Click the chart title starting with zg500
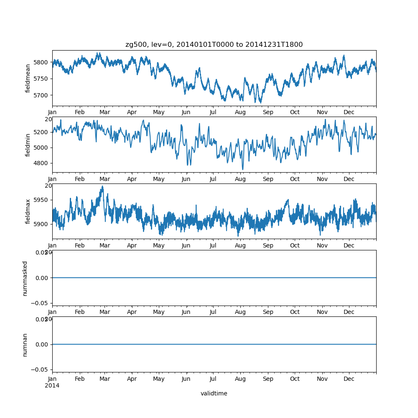coord(214,44)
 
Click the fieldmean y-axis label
coord(28,78)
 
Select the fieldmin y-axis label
coord(28,145)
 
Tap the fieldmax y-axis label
coord(28,211)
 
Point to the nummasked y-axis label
coord(25,278)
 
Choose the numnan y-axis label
coord(25,344)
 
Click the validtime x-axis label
coord(214,393)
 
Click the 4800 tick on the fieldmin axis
coord(41,163)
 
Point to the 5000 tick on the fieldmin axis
coord(41,148)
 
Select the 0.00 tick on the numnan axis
coord(41,344)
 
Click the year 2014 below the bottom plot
coord(52,385)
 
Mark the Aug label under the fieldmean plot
coord(240,112)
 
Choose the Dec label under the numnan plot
coord(349,379)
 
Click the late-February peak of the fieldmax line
coord(102,186)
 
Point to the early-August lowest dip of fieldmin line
coord(243,170)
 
